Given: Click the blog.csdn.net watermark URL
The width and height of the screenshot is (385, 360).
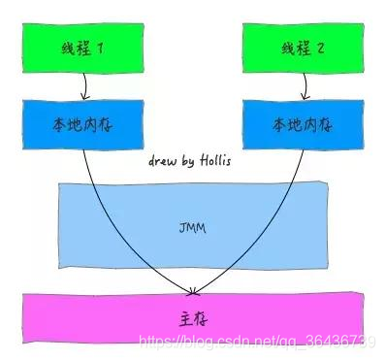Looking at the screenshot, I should point(258,341).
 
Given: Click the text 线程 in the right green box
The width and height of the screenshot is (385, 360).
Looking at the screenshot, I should point(293,48).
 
